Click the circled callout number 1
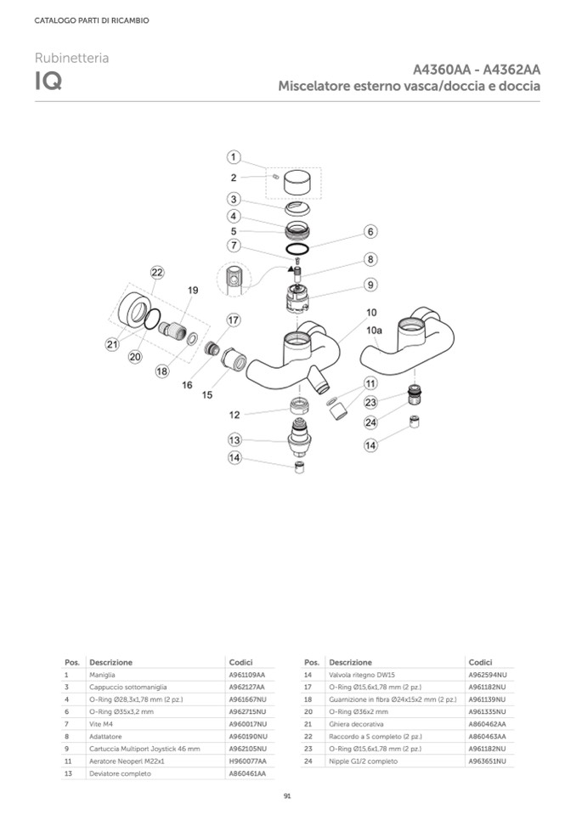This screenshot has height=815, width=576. coord(235,157)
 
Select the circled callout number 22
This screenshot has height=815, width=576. coord(156,273)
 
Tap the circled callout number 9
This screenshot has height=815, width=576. coord(371,285)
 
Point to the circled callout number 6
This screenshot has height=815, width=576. coord(370,231)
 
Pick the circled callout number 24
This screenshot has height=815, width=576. coord(371,422)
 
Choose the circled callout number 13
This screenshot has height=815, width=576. coord(235,439)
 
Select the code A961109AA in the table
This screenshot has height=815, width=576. coord(246,674)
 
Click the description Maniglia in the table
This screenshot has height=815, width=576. coord(102,674)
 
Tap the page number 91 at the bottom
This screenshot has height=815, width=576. coord(288,796)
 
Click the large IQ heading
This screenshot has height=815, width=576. coord(47,82)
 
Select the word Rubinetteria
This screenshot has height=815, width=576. coord(71,58)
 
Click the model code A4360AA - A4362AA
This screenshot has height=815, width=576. coord(477,70)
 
